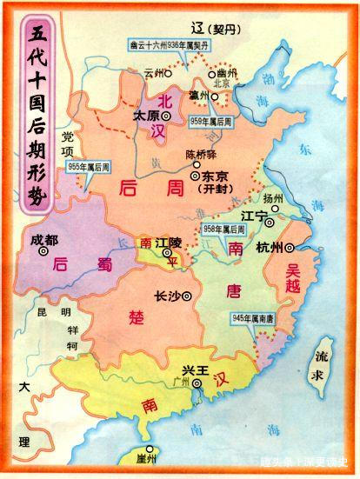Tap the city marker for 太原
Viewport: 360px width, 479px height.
[x=165, y=115]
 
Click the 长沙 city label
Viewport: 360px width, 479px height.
[x=166, y=295]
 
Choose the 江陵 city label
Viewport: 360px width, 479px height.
[x=167, y=246]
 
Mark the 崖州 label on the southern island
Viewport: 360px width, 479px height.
[x=145, y=457]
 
